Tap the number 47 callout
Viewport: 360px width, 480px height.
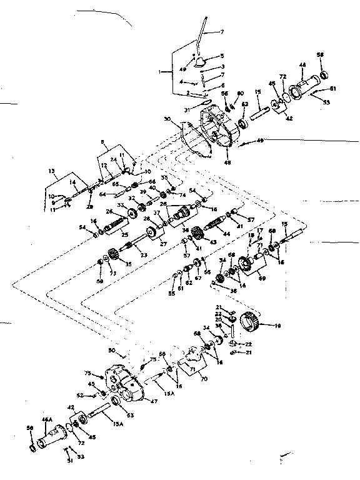[x=154, y=401]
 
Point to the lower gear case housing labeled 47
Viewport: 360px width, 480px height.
[x=124, y=384]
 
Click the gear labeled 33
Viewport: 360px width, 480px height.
[x=132, y=214]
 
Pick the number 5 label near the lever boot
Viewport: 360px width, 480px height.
[x=220, y=56]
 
